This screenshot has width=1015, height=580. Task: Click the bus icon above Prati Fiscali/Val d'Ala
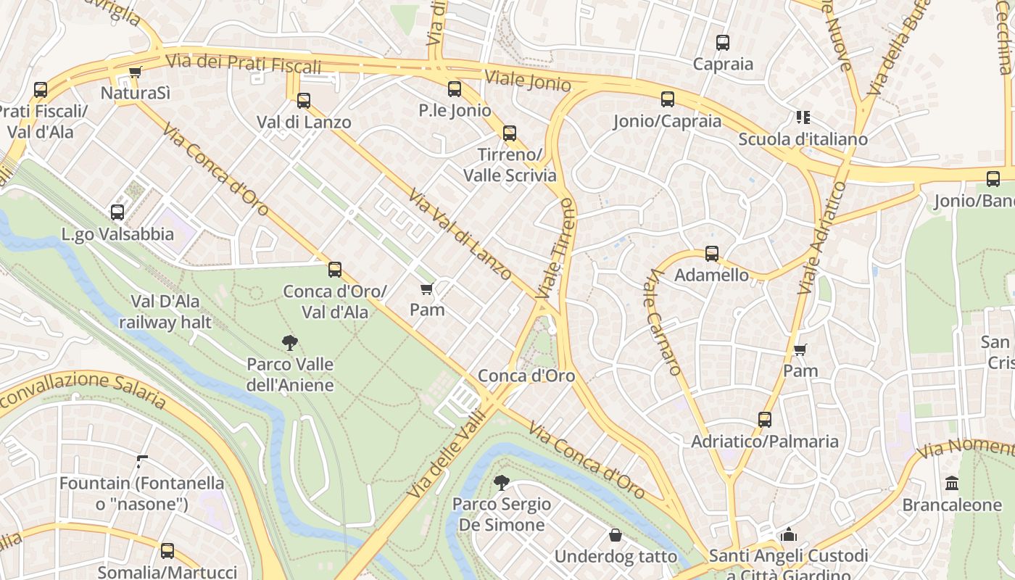pos(41,90)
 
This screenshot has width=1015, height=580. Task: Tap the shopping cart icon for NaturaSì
pos(135,72)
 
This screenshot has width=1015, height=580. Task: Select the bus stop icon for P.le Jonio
pos(455,89)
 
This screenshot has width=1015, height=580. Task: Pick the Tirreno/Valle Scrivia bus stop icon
pos(510,133)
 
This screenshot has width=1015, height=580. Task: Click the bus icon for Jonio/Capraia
pos(668,99)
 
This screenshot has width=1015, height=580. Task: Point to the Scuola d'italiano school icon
pos(803,117)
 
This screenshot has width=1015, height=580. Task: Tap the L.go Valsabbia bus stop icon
pos(117,212)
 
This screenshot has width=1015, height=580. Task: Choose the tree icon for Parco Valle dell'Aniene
pos(290,342)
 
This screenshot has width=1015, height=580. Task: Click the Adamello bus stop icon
pos(712,254)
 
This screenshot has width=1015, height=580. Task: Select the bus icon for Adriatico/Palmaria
pos(765,420)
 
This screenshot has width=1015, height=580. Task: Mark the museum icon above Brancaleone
pos(952,483)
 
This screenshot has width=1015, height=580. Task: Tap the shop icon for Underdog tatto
pos(616,535)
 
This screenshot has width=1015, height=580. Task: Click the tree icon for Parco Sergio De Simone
pos(500,482)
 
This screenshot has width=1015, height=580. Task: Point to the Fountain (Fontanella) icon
pos(142,461)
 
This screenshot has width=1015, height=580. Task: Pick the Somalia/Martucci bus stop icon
pos(167,551)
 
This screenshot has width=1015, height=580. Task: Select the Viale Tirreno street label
pos(556,249)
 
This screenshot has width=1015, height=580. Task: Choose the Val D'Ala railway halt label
pos(165,312)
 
